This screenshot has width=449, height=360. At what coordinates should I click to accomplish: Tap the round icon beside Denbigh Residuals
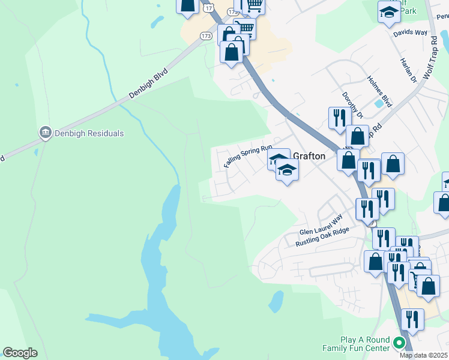click(45, 133)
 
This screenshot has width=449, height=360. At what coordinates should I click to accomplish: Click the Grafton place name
click(309, 156)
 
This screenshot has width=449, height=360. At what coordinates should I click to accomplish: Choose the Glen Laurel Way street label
click(321, 225)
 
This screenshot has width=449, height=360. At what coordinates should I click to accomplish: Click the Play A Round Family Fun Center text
click(356, 344)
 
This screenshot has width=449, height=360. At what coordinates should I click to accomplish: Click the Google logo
click(20, 353)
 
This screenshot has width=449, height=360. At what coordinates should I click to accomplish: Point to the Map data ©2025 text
click(424, 355)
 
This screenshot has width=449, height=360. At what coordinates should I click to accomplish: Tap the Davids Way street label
click(411, 33)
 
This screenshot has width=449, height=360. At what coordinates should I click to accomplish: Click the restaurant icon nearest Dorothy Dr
click(340, 116)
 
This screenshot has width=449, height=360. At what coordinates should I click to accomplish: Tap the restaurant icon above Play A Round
click(412, 319)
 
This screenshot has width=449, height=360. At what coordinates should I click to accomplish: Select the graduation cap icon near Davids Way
click(389, 11)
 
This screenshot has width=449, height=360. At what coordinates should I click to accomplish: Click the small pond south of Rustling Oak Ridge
click(276, 302)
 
